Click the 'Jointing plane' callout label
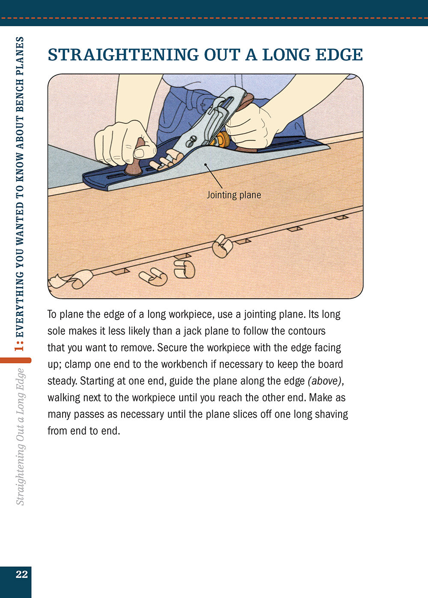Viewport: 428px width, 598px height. click(x=234, y=195)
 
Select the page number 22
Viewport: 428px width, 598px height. click(x=21, y=574)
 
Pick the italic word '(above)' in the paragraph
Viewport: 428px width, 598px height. click(x=325, y=381)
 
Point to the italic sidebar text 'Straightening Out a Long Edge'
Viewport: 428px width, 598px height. click(x=20, y=436)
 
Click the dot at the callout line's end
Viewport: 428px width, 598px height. click(x=205, y=164)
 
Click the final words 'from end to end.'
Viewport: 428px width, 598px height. click(x=84, y=431)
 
